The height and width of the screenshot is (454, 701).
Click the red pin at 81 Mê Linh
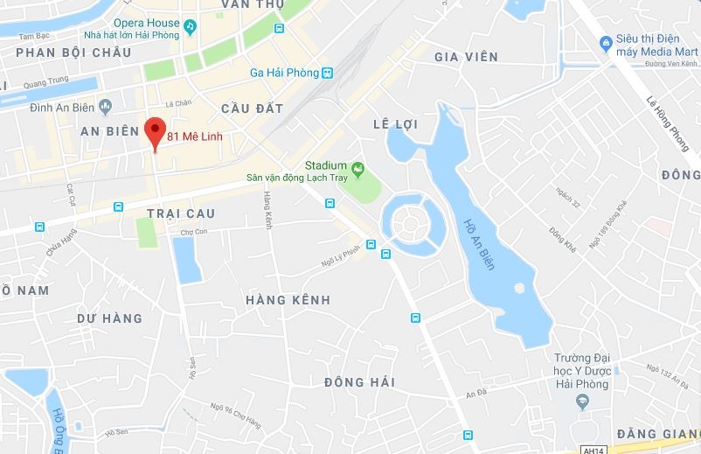pos(155,131)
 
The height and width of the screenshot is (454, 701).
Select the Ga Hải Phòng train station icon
pos(327,73)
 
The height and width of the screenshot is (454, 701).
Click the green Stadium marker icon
pos(357,167)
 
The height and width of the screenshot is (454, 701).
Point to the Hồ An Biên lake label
pos(478,242)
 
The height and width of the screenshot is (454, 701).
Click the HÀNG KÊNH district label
pos(288,300)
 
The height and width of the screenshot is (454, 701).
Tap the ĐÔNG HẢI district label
pos(359,382)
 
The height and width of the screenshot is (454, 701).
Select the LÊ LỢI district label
pos(395,124)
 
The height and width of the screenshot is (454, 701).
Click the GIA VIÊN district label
pos(466,57)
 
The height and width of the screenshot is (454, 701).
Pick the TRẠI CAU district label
pos(181,213)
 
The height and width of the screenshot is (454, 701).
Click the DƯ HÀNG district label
pos(109,318)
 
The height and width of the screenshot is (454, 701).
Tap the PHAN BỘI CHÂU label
pos(73,52)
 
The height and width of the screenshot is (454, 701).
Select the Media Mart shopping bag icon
pos(605,42)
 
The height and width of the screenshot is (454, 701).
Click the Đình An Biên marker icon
pos(106,107)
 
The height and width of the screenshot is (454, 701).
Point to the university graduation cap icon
pos(581,402)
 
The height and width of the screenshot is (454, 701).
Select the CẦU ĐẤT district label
pos(253,108)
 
